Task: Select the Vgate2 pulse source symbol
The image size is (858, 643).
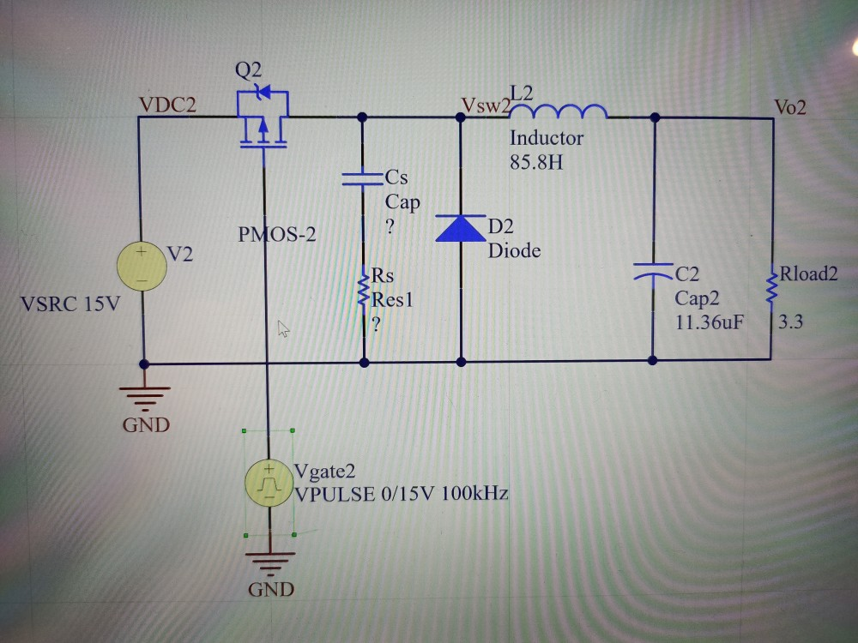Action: pyautogui.click(x=269, y=484)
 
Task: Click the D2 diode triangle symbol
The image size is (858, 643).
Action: pyautogui.click(x=461, y=227)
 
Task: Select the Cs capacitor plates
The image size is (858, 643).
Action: pyautogui.click(x=364, y=178)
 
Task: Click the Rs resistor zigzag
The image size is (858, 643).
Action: pyautogui.click(x=365, y=289)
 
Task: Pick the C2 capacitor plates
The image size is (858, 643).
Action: pyautogui.click(x=654, y=273)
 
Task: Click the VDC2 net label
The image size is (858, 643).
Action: pyautogui.click(x=167, y=105)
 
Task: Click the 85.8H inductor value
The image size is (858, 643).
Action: pyautogui.click(x=536, y=162)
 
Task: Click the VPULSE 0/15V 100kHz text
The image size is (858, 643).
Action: pyautogui.click(x=402, y=494)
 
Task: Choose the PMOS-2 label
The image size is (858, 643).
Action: pyautogui.click(x=277, y=233)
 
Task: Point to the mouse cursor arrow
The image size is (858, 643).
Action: pyautogui.click(x=282, y=328)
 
